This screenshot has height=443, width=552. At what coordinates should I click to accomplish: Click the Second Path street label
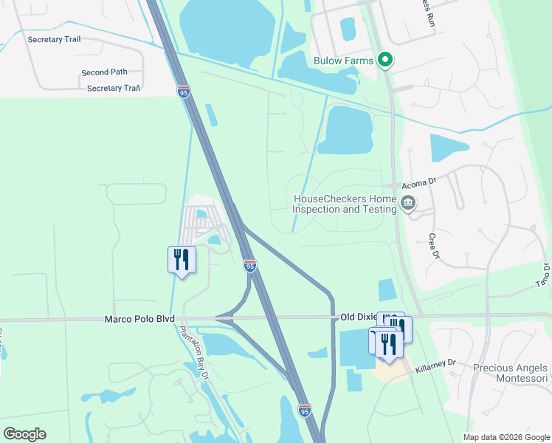click(104, 72)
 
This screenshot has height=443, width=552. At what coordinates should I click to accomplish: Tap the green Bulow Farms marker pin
click(384, 61)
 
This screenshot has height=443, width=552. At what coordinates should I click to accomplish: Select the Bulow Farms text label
click(343, 61)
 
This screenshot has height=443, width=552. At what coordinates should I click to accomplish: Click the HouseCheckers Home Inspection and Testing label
click(345, 204)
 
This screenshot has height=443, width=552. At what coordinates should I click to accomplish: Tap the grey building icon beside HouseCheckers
click(408, 203)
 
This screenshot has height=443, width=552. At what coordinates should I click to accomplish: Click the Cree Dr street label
click(434, 247)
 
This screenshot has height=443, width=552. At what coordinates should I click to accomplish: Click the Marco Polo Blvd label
click(139, 318)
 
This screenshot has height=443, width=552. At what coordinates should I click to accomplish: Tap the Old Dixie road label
click(358, 317)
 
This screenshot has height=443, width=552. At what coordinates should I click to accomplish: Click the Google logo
click(24, 433)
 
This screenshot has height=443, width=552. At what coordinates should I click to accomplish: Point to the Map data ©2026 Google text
click(506, 437)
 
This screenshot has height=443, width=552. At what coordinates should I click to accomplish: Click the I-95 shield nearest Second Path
click(184, 92)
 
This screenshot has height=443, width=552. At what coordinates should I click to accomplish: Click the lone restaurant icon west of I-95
click(182, 260)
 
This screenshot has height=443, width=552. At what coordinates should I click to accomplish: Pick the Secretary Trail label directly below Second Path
click(114, 89)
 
